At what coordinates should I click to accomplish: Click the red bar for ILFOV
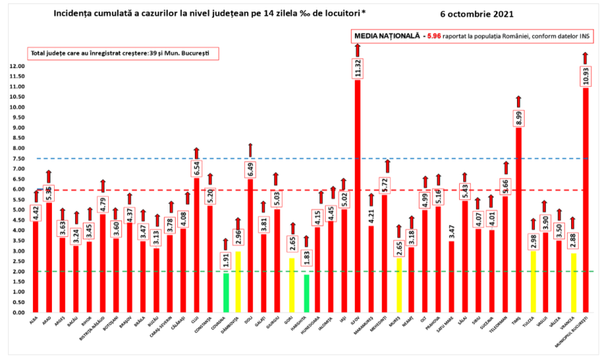(358, 198)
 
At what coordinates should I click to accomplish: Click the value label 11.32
(358, 68)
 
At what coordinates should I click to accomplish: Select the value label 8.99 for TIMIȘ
(519, 118)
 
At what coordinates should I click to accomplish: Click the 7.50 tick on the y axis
(18, 158)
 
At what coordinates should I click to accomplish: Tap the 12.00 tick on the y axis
(17, 66)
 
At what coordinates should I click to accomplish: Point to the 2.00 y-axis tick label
(18, 271)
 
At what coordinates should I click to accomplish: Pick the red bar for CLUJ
(197, 246)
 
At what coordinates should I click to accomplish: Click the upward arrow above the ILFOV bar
(358, 50)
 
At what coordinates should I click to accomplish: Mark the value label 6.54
(197, 168)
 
